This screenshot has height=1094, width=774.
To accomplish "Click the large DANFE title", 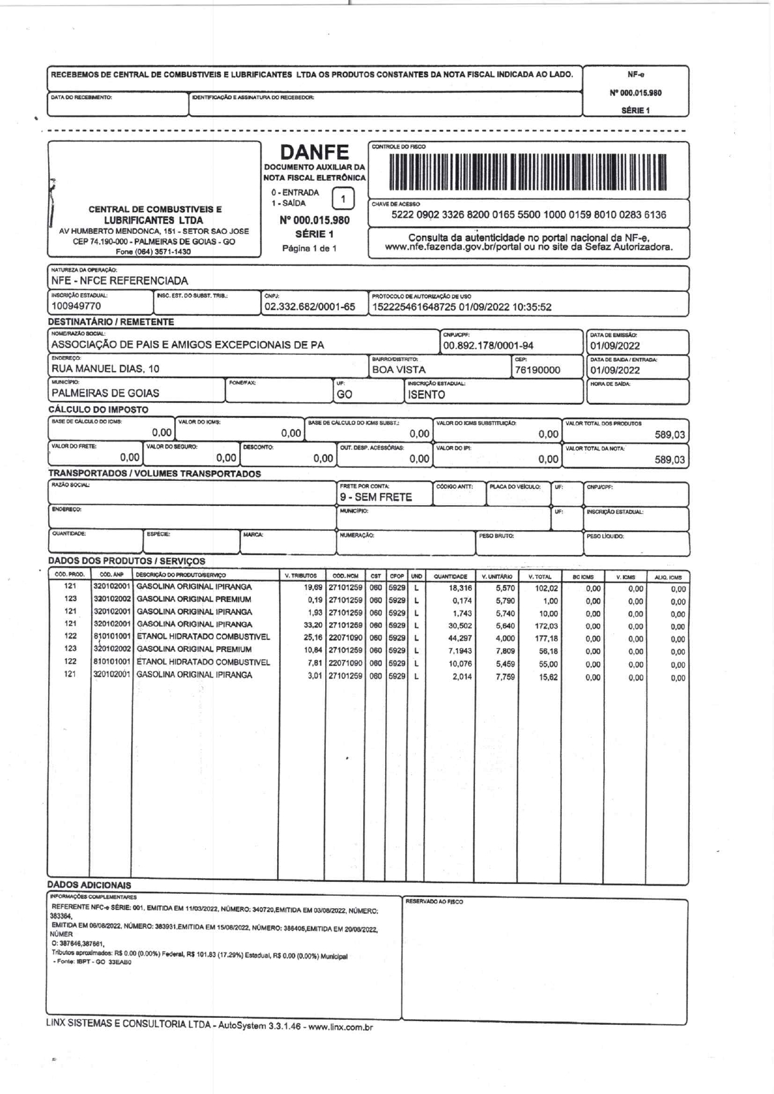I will (x=314, y=153).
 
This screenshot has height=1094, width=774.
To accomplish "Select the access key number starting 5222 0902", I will (x=528, y=215).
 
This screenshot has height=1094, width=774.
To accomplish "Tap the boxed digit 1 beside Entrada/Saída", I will (x=343, y=199).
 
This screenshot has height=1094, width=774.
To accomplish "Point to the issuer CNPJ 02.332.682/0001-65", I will (x=310, y=307).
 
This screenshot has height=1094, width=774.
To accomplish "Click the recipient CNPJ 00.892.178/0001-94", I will (x=488, y=346).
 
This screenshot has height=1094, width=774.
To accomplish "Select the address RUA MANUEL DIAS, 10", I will (x=105, y=369).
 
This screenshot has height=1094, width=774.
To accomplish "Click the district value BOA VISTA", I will (x=398, y=369).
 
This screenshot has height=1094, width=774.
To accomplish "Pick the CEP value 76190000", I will (x=537, y=370).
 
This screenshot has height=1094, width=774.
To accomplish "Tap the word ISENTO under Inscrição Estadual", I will (x=426, y=394).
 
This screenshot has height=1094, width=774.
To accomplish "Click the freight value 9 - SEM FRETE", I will (x=376, y=497).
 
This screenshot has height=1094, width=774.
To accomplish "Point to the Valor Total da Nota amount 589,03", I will (x=670, y=460).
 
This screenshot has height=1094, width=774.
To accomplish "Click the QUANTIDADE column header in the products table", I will (x=450, y=577).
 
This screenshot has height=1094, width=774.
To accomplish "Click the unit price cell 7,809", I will (x=505, y=651).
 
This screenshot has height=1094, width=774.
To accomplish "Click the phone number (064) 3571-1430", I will (x=154, y=252).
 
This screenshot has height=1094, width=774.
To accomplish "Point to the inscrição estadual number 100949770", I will (x=76, y=306).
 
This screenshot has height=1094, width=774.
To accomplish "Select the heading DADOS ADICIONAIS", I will (x=89, y=885).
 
